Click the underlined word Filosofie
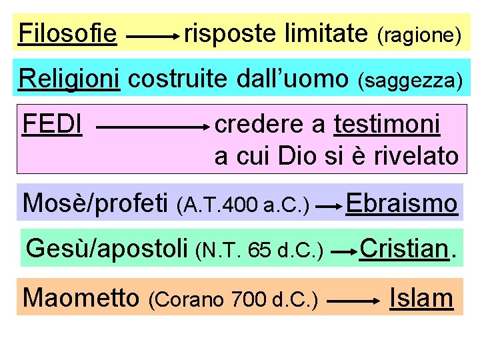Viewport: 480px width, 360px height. click(x=68, y=33)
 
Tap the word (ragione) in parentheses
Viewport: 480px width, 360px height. click(x=419, y=35)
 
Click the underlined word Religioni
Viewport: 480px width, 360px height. click(x=69, y=79)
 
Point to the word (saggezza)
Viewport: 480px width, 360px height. click(x=410, y=81)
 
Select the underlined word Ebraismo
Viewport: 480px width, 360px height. click(x=402, y=202)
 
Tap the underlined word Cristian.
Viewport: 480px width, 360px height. click(x=404, y=249)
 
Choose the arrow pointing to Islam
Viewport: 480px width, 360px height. click(x=353, y=302)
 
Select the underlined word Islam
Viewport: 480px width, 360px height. click(x=421, y=297)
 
